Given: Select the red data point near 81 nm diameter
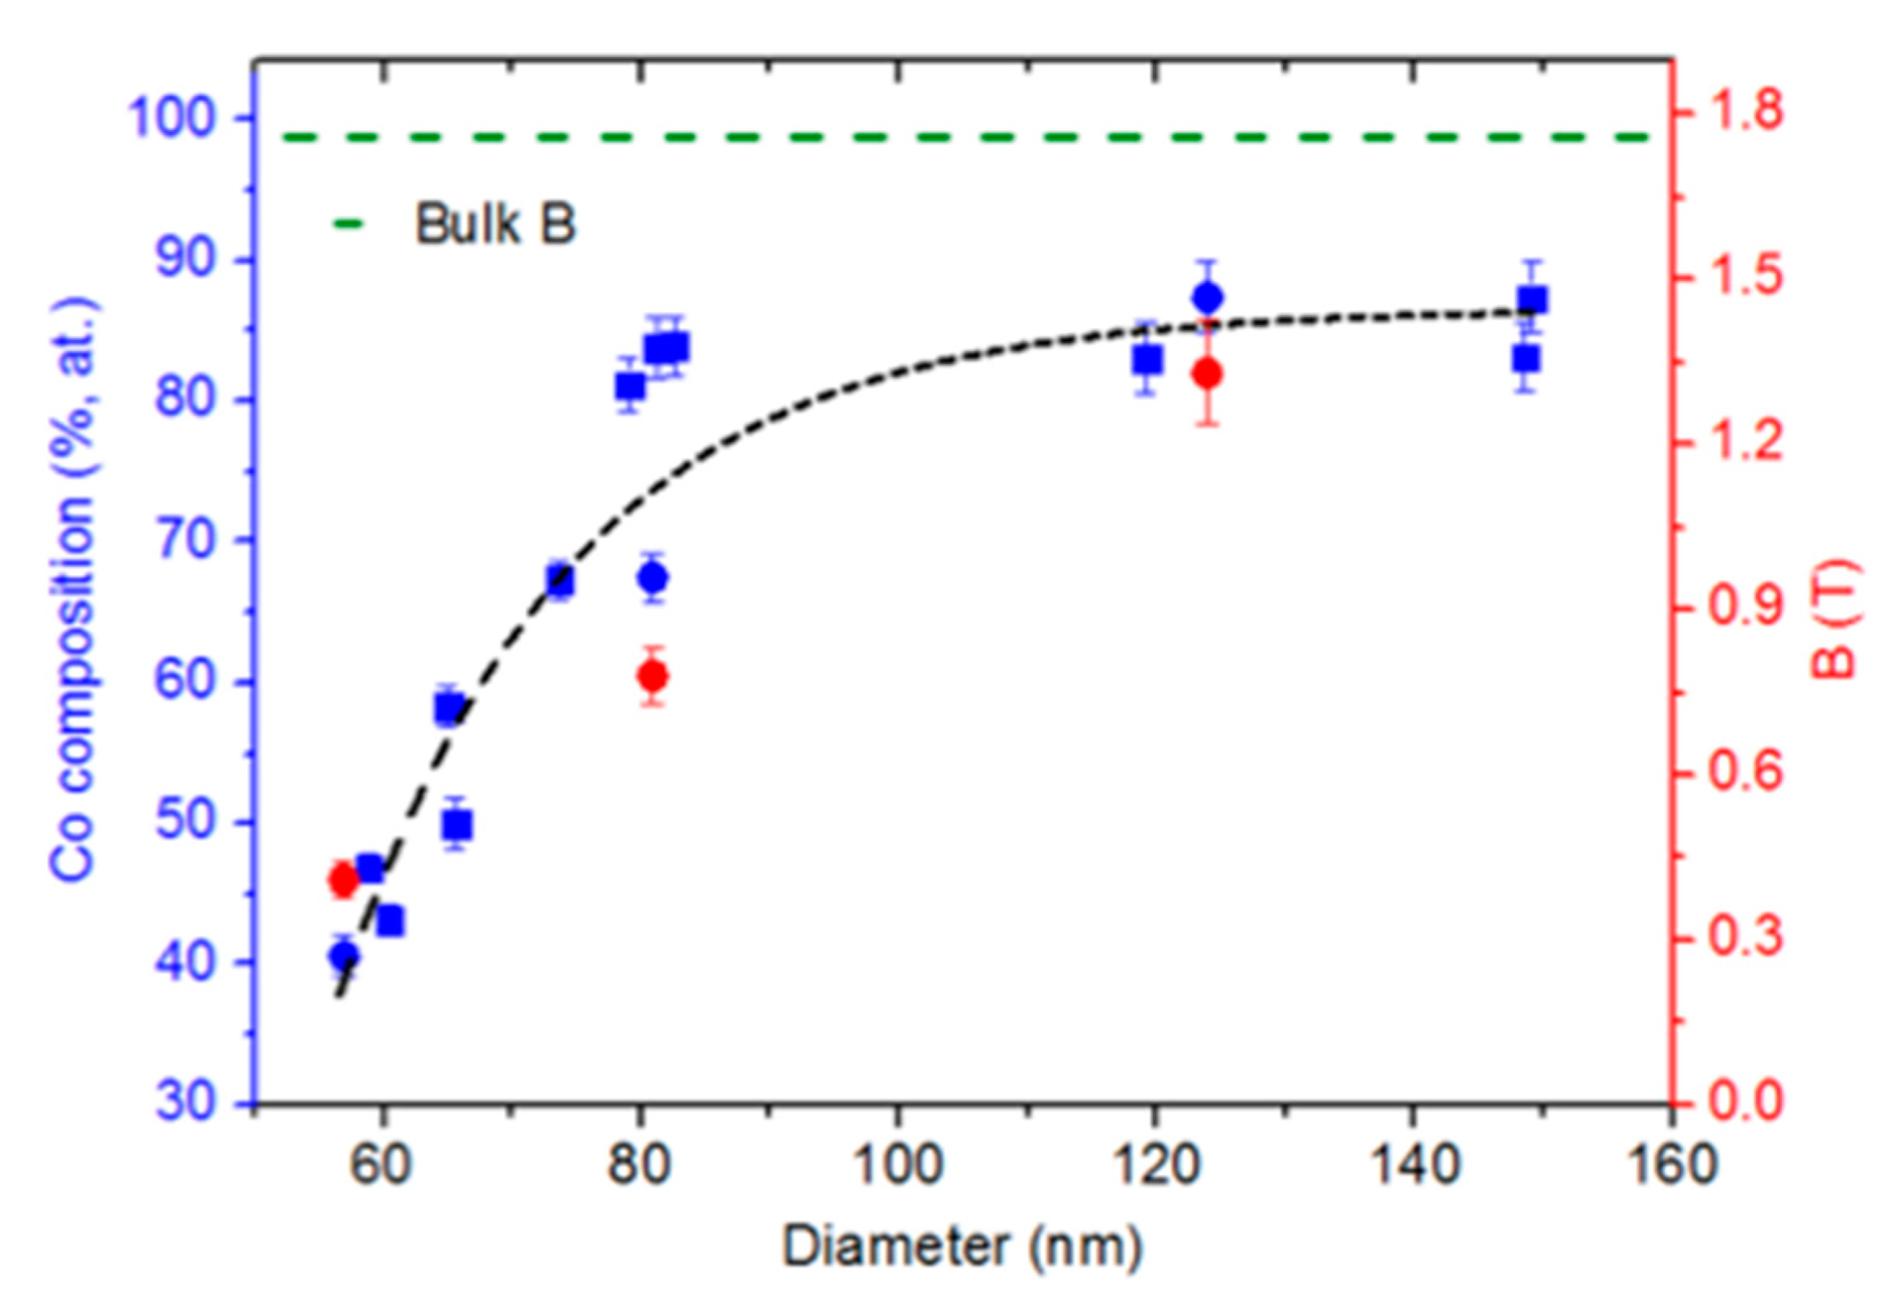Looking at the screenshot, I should point(652,677).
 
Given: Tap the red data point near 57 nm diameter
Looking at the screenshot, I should point(344,881).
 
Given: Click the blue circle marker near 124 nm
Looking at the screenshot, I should point(1207,296).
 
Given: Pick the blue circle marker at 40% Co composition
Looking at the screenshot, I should point(344,955).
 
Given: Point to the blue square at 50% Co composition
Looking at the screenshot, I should point(457,824).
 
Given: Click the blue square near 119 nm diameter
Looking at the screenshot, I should point(1147,359).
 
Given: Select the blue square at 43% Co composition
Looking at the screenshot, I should point(391,921).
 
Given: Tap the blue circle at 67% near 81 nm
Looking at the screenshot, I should point(653,578).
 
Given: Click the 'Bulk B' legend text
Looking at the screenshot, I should point(495,223).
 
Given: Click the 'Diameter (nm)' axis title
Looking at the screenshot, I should point(962,1246).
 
